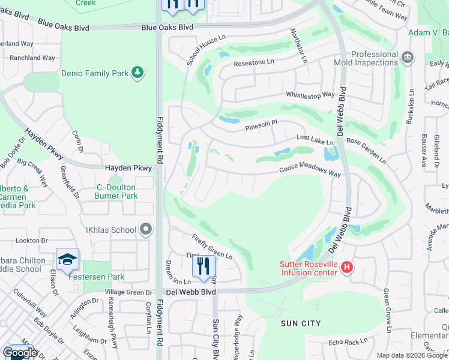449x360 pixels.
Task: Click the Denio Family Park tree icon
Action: click(138, 73)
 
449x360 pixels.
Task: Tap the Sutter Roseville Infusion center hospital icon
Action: click(346, 268)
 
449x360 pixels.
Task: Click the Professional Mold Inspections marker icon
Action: click(408, 58)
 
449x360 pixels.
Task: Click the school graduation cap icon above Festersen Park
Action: click(67, 260)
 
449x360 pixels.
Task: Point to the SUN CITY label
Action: click(301, 323)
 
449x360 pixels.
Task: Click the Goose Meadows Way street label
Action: click(310, 172)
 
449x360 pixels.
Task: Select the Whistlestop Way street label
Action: click(310, 95)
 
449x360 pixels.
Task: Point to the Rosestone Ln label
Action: click(254, 62)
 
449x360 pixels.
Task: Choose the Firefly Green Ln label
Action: click(212, 246)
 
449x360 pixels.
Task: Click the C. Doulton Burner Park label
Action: click(116, 191)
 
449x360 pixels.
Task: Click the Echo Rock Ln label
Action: click(348, 342)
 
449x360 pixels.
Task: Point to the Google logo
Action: click(20, 353)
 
